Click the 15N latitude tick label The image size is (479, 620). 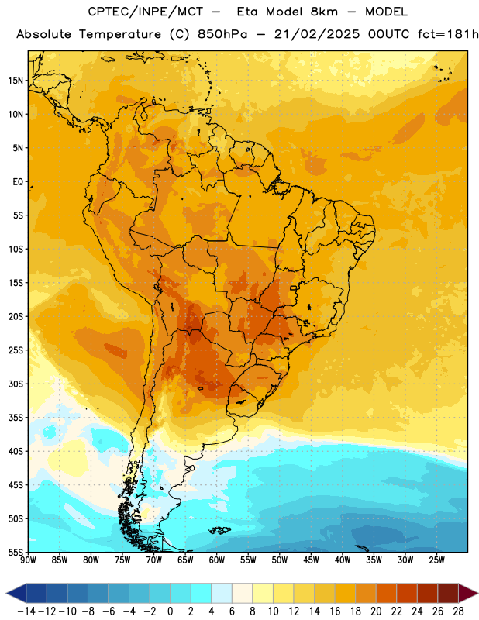pyautogui.click(x=16, y=81)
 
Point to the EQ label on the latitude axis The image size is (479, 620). pyautogui.click(x=18, y=182)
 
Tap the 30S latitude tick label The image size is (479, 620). pyautogui.click(x=16, y=384)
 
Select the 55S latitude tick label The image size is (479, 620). pyautogui.click(x=16, y=553)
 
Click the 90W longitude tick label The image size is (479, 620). pyautogui.click(x=28, y=560)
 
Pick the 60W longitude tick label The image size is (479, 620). pyautogui.click(x=217, y=560)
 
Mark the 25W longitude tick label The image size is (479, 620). pyautogui.click(x=436, y=560)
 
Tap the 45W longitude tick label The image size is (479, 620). pyautogui.click(x=311, y=560)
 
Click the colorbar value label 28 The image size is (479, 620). pyautogui.click(x=458, y=611)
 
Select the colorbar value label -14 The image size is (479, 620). pyautogui.click(x=26, y=611)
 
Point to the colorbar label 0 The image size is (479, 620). pyautogui.click(x=170, y=611)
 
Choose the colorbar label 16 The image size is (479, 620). pyautogui.click(x=335, y=611)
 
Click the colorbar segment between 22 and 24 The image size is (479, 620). pyautogui.click(x=407, y=593)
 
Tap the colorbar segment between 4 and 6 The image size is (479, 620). pyautogui.click(x=222, y=593)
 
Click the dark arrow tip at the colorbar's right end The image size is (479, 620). pyautogui.click(x=477, y=593)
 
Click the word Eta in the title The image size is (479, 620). pyautogui.click(x=247, y=12)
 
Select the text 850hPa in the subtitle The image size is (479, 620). pyautogui.click(x=222, y=34)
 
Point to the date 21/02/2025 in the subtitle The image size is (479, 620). pyautogui.click(x=317, y=34)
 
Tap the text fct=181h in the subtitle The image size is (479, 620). pyautogui.click(x=448, y=34)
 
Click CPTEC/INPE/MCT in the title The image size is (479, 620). pyautogui.click(x=146, y=12)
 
